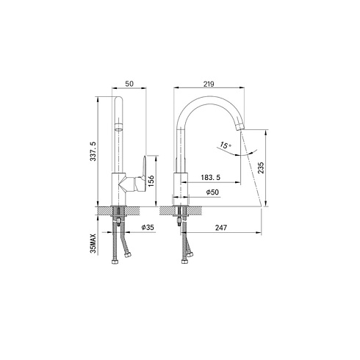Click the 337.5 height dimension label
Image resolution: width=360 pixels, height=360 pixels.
(x=93, y=151)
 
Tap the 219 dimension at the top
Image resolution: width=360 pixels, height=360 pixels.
(x=209, y=84)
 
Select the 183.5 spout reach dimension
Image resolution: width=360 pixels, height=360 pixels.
(x=211, y=177)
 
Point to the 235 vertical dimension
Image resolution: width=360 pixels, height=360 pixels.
(x=262, y=168)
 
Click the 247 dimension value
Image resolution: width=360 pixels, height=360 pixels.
(x=221, y=228)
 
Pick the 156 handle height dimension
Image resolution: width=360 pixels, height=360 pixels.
(x=151, y=181)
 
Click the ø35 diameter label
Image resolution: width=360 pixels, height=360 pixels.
(x=148, y=227)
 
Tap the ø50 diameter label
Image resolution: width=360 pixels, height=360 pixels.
(x=212, y=192)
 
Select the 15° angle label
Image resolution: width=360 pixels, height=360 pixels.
(x=226, y=145)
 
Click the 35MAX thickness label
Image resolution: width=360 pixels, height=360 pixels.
(x=93, y=243)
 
